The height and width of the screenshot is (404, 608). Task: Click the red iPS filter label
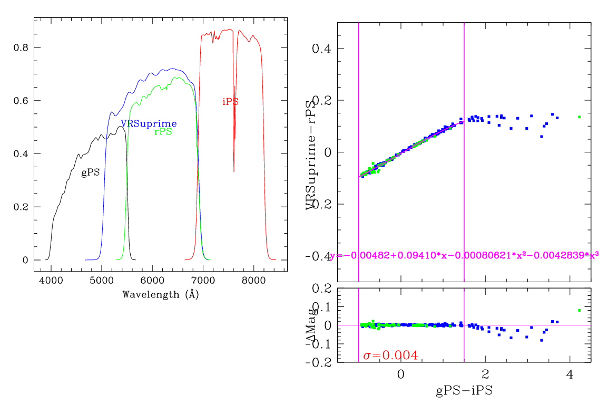230,102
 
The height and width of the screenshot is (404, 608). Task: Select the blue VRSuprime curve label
149,124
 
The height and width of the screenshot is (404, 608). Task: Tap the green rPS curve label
163,132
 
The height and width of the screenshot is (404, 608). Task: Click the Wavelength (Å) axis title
160,294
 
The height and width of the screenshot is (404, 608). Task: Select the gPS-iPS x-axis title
464,391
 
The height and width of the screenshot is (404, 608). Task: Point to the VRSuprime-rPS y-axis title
313,153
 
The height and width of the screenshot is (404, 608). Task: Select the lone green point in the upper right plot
579,117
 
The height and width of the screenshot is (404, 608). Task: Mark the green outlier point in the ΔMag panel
579,310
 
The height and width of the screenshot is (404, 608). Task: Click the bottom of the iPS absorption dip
234,171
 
